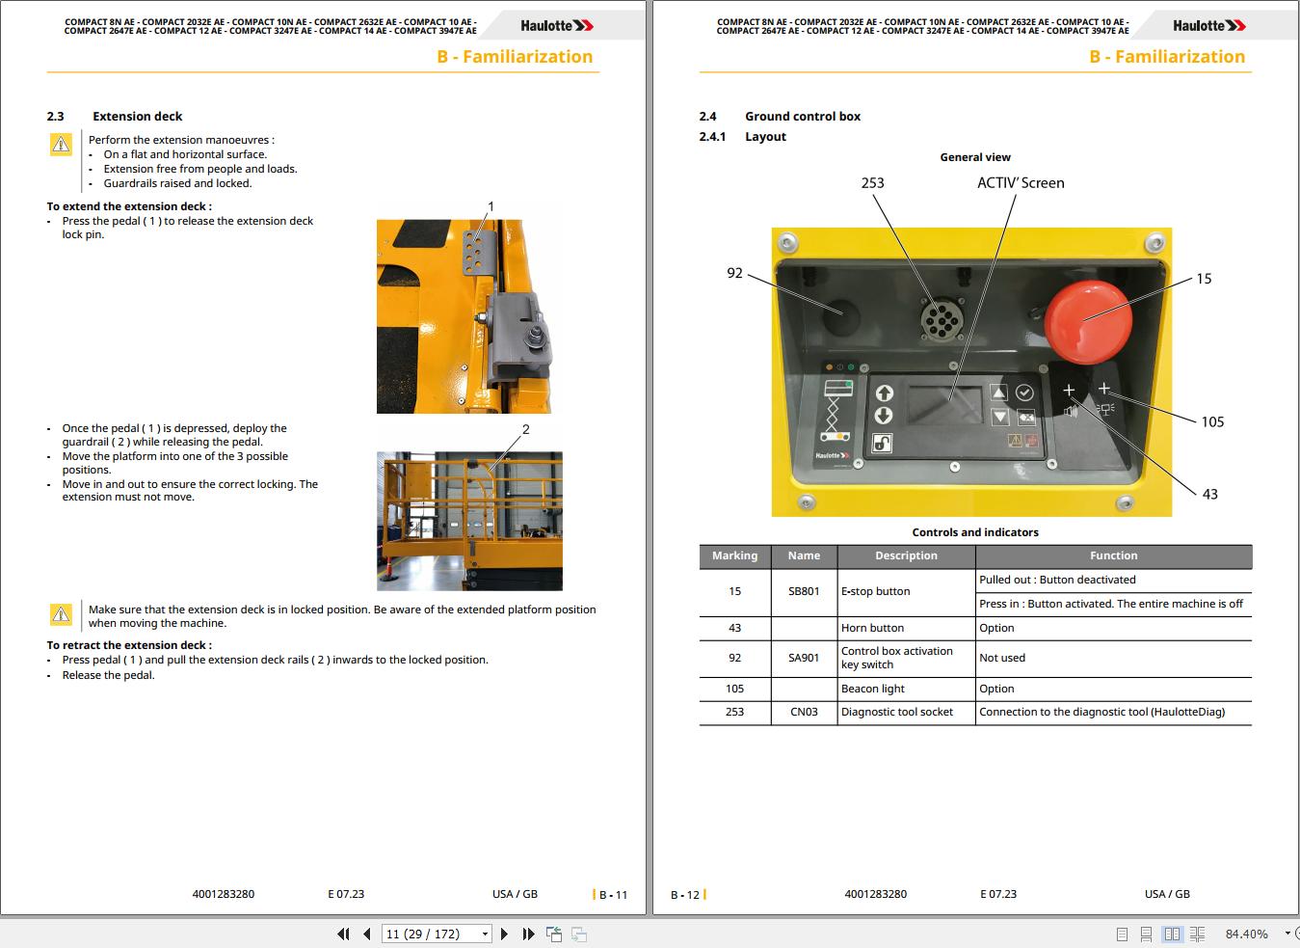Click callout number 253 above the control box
click(872, 182)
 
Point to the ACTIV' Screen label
click(1021, 182)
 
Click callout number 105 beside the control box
click(1212, 421)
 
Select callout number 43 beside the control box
click(1209, 494)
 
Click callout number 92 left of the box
click(734, 273)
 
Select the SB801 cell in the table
click(804, 591)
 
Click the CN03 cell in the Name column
click(804, 712)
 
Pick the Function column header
click(1113, 555)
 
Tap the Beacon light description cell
click(872, 689)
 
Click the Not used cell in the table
click(1002, 658)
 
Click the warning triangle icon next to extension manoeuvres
click(61, 145)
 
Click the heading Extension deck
click(137, 116)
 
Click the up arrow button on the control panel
click(884, 393)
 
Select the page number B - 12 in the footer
click(685, 895)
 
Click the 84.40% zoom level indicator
click(1245, 934)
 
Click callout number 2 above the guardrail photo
click(525, 429)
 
